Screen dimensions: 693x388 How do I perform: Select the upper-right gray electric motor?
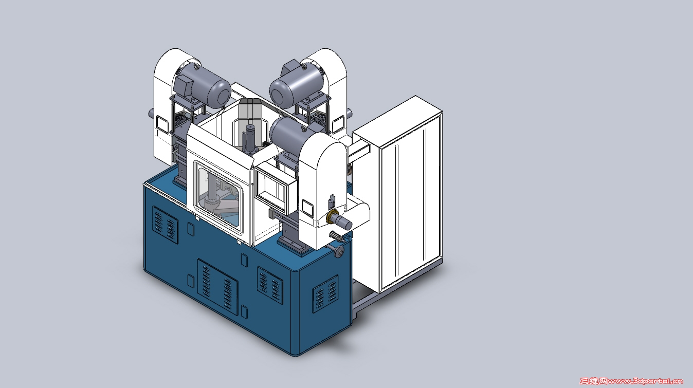pyautogui.click(x=297, y=83)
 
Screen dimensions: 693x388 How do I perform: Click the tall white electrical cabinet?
pyautogui.click(x=397, y=195)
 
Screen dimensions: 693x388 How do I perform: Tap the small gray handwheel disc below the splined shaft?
pyautogui.click(x=340, y=252)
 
